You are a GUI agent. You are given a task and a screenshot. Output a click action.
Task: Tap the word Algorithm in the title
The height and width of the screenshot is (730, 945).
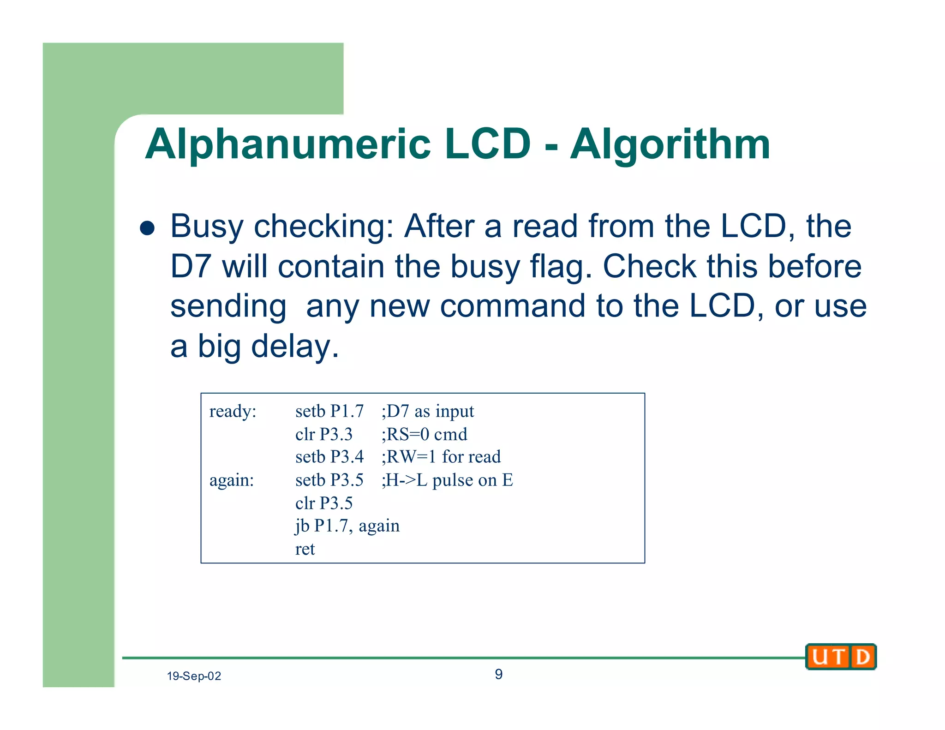tap(670, 145)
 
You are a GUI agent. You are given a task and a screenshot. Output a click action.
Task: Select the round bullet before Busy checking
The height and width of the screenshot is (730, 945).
tap(147, 227)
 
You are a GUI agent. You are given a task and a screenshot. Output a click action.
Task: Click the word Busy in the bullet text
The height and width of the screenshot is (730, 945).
tap(206, 227)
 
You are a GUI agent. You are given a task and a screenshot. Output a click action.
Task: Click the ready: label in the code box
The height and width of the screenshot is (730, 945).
tap(233, 411)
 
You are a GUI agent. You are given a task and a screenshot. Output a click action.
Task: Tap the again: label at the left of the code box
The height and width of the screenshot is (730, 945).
tap(232, 480)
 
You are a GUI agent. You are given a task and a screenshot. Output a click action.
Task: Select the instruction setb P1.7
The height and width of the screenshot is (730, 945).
tap(329, 411)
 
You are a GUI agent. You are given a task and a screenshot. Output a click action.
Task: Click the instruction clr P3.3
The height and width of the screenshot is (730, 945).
tap(323, 434)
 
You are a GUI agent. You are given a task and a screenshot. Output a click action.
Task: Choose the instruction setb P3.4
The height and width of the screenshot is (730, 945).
tap(329, 457)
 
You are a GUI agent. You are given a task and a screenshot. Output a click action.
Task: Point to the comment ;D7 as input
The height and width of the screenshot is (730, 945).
tap(427, 411)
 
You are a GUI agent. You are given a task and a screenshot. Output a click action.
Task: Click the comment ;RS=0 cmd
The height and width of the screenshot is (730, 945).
tap(424, 434)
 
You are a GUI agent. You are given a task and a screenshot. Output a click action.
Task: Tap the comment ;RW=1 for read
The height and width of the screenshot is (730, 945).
tap(441, 457)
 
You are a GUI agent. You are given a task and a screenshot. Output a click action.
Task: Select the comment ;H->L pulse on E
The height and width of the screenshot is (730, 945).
tap(447, 480)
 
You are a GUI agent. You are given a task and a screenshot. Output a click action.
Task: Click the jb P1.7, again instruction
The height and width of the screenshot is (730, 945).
tap(347, 526)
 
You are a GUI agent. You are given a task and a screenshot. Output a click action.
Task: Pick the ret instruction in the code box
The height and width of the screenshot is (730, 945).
tap(305, 549)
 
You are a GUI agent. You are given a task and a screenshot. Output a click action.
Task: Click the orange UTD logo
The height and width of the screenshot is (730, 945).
tap(841, 657)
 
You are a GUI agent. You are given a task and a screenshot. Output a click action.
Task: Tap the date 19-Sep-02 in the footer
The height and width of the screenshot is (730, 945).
tap(194, 676)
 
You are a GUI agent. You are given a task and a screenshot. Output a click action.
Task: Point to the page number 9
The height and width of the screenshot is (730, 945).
tap(498, 674)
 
